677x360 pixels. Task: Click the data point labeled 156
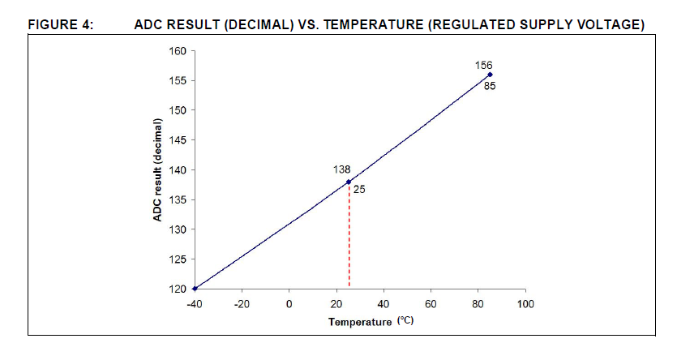pyautogui.click(x=490, y=75)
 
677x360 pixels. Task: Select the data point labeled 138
pyautogui.click(x=349, y=182)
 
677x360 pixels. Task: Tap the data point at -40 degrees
pyautogui.click(x=195, y=289)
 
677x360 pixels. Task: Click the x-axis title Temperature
pyautogui.click(x=360, y=323)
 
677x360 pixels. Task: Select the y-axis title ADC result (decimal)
pyautogui.click(x=160, y=169)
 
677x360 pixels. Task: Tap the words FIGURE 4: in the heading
pyautogui.click(x=62, y=25)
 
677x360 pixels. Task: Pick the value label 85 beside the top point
pyautogui.click(x=490, y=86)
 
